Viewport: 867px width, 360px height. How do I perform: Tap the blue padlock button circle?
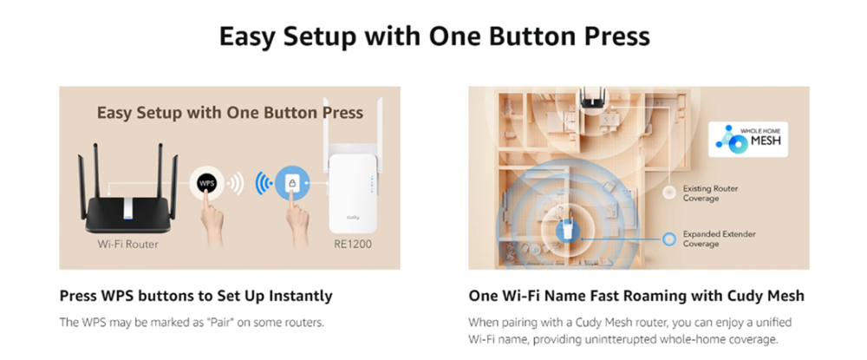click(x=292, y=183)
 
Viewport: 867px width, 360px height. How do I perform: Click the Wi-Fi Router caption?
click(x=127, y=244)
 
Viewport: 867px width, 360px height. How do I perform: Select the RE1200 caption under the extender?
click(x=353, y=244)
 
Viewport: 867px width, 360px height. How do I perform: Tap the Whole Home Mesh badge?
click(x=747, y=140)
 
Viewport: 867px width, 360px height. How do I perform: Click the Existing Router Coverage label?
click(x=711, y=193)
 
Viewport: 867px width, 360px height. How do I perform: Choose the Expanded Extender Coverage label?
click(x=720, y=239)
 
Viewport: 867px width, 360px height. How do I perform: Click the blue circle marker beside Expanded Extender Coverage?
click(x=669, y=239)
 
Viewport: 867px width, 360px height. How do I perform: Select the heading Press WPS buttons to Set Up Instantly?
click(x=196, y=296)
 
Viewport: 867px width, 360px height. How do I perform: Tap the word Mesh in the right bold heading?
click(x=786, y=296)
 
